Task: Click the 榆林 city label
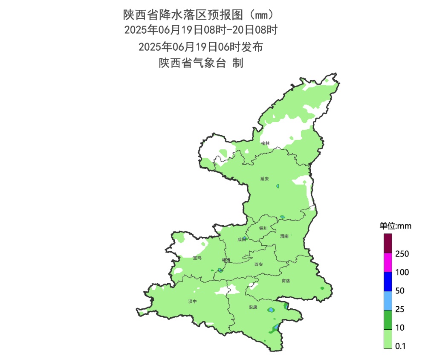[265, 143]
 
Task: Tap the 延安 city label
[265, 179]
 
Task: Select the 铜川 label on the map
[263, 228]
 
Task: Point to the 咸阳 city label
[242, 240]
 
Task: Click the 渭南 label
[284, 236]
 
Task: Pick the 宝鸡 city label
[197, 258]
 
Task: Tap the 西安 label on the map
[259, 264]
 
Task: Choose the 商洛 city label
[286, 281]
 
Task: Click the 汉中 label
[193, 301]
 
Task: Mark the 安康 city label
[253, 307]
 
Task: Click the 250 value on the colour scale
[402, 254]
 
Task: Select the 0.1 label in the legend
[401, 346]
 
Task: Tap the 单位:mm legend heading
[395, 226]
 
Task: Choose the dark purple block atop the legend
[388, 244]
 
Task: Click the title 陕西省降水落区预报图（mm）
[201, 15]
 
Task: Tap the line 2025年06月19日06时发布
[201, 46]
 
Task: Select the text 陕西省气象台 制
[201, 63]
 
